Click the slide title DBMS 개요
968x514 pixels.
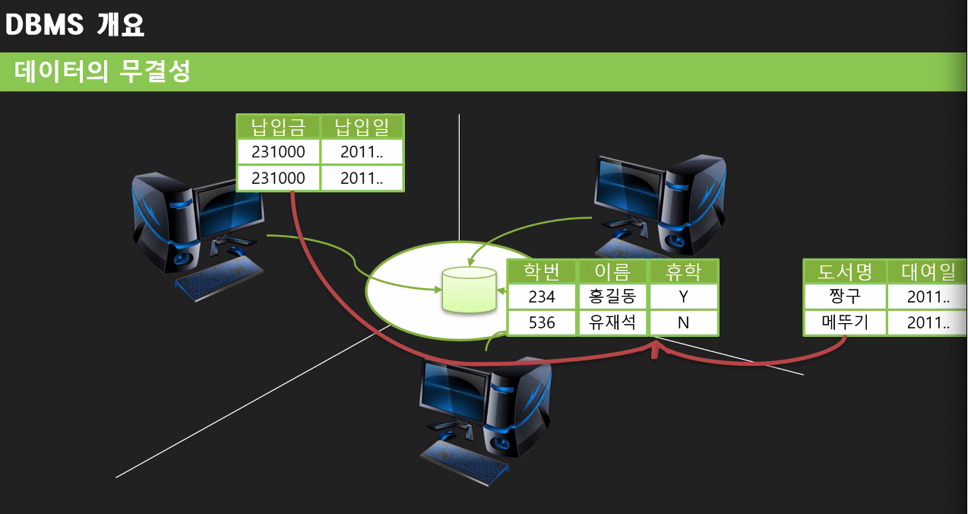(74, 25)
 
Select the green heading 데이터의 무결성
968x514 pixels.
(102, 72)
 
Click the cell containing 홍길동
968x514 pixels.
(612, 297)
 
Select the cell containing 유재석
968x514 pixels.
(612, 322)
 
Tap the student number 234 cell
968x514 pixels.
(542, 297)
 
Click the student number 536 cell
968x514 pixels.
(542, 322)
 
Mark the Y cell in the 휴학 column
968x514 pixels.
(683, 297)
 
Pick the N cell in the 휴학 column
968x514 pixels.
(683, 322)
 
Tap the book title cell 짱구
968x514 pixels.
(845, 297)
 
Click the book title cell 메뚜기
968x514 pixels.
(845, 322)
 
